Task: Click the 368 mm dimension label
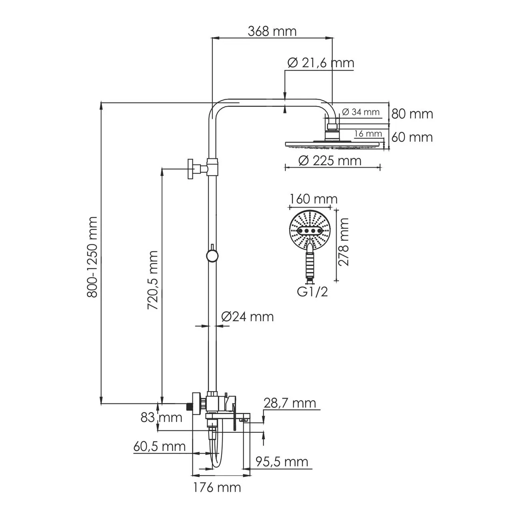pyautogui.click(x=272, y=31)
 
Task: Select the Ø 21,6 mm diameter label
pyautogui.click(x=321, y=63)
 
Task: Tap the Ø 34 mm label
pyautogui.click(x=361, y=112)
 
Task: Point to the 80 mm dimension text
pyautogui.click(x=412, y=114)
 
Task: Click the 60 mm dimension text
pyautogui.click(x=412, y=137)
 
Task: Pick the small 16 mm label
pyautogui.click(x=368, y=133)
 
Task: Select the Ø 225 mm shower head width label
pyautogui.click(x=330, y=161)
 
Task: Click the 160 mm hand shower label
pyautogui.click(x=313, y=199)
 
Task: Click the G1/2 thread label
pyautogui.click(x=312, y=292)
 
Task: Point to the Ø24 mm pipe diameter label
pyautogui.click(x=247, y=317)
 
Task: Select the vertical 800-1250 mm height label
pyautogui.click(x=93, y=257)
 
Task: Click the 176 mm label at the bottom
pyautogui.click(x=217, y=488)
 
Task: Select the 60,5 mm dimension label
pyautogui.click(x=160, y=446)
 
